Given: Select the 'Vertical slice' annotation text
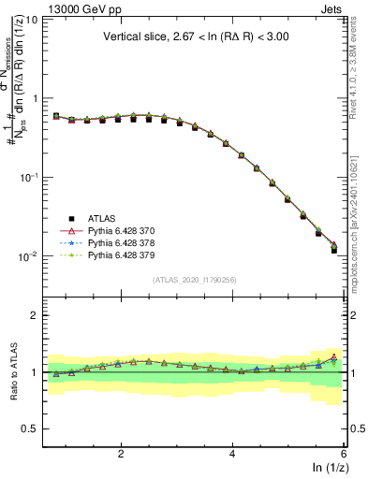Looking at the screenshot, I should click(x=195, y=37).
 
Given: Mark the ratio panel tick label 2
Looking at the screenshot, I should click(x=34, y=315).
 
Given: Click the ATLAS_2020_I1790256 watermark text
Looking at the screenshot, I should click(x=195, y=280).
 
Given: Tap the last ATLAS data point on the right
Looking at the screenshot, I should click(x=334, y=251).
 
